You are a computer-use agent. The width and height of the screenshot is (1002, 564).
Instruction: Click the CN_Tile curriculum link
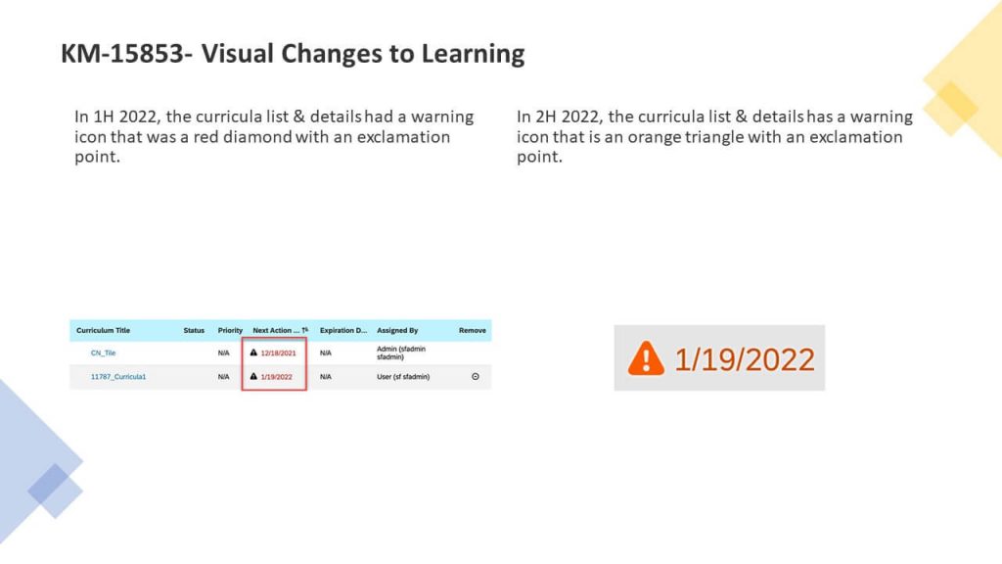(103, 352)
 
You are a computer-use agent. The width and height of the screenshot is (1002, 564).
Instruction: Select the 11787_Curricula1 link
(118, 377)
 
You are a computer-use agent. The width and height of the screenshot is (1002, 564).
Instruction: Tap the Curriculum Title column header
(103, 331)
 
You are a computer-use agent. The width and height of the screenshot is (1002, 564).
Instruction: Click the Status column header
(194, 331)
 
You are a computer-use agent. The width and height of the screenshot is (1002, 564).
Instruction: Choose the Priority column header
(230, 331)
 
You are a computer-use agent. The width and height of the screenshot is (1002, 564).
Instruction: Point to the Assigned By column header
(397, 331)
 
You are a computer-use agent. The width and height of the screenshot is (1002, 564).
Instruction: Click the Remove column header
(473, 331)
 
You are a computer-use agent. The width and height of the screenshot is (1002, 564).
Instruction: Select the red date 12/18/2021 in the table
(278, 352)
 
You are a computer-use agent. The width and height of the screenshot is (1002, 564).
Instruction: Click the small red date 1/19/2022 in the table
(277, 377)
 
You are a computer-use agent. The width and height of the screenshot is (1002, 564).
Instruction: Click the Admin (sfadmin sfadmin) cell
(397, 352)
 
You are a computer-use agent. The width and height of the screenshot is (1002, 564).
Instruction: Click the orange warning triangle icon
(646, 358)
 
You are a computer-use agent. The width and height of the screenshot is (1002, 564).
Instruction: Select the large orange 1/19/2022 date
(745, 359)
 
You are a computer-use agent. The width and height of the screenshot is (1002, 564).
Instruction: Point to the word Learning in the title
(473, 54)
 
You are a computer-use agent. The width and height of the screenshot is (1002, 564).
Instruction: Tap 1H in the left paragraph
(105, 117)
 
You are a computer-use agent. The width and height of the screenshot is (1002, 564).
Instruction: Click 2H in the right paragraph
(547, 117)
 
